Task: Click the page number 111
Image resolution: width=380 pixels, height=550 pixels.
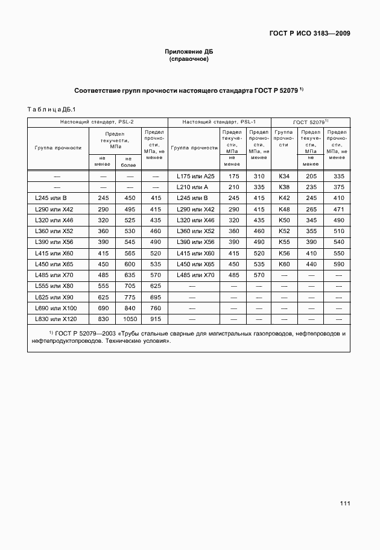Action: point(344,503)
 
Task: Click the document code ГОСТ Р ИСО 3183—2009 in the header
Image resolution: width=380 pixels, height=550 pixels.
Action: point(309,33)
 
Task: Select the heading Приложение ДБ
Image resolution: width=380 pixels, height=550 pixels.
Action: point(189,52)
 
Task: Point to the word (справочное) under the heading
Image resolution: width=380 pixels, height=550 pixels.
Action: point(189,60)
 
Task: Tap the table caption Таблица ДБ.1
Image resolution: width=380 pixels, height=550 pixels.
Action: point(51,109)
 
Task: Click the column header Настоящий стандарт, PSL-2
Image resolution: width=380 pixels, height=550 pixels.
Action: point(97,122)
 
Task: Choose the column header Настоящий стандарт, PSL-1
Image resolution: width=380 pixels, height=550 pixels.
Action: point(219,122)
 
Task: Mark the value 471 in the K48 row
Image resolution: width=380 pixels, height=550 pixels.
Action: point(338,209)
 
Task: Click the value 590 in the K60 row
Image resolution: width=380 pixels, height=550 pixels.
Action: point(338,264)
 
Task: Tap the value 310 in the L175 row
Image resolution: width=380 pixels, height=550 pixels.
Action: point(259,176)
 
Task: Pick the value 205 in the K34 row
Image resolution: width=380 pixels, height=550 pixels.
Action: point(311,176)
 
